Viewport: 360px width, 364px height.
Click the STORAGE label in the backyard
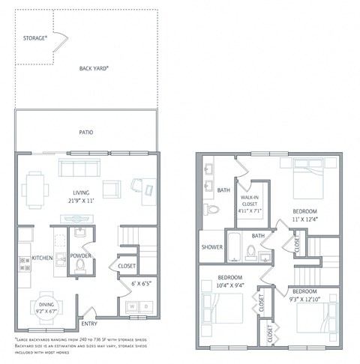pyautogui.click(x=35, y=37)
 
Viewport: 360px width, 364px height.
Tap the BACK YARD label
pyautogui.click(x=94, y=68)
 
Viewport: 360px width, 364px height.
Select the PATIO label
pyautogui.click(x=86, y=133)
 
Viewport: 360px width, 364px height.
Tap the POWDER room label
pyautogui.click(x=80, y=256)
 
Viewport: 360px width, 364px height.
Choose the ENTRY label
pyautogui.click(x=89, y=323)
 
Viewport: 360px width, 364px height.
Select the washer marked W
pyautogui.click(x=133, y=306)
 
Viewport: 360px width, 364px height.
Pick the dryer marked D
pyautogui.click(x=146, y=306)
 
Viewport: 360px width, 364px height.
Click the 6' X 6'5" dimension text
pyautogui.click(x=140, y=284)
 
